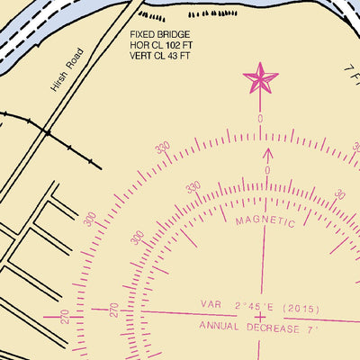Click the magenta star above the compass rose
pos(261,79)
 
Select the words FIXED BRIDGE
pos(161,34)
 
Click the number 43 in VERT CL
pos(177,56)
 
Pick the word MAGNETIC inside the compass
pos(265,220)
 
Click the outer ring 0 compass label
pos(260,119)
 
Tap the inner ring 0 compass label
pos(267,169)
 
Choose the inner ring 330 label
pos(193,187)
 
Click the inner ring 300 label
pos(138,238)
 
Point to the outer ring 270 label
pos(64,317)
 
